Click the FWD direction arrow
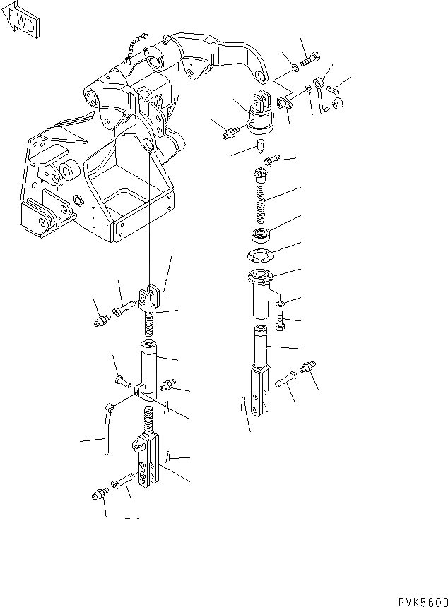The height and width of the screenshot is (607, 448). coord(20,21)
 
